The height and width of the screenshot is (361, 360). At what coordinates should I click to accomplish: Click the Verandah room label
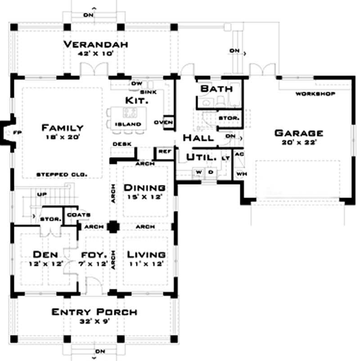(96, 44)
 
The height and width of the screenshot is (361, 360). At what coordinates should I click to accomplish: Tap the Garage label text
(299, 133)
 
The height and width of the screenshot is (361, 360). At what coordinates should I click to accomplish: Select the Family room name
(62, 127)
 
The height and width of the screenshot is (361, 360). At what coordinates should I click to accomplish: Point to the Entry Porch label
(94, 312)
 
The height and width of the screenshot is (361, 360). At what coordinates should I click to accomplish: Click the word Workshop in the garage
(315, 94)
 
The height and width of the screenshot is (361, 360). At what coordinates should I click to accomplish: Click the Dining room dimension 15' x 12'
(144, 196)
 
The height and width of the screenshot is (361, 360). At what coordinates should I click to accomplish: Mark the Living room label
(146, 254)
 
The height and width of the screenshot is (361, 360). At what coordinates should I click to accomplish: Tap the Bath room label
(216, 89)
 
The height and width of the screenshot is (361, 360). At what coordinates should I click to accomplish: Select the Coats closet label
(78, 215)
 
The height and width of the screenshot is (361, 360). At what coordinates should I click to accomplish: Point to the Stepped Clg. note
(62, 174)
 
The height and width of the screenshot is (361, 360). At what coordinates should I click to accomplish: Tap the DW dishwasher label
(136, 84)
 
